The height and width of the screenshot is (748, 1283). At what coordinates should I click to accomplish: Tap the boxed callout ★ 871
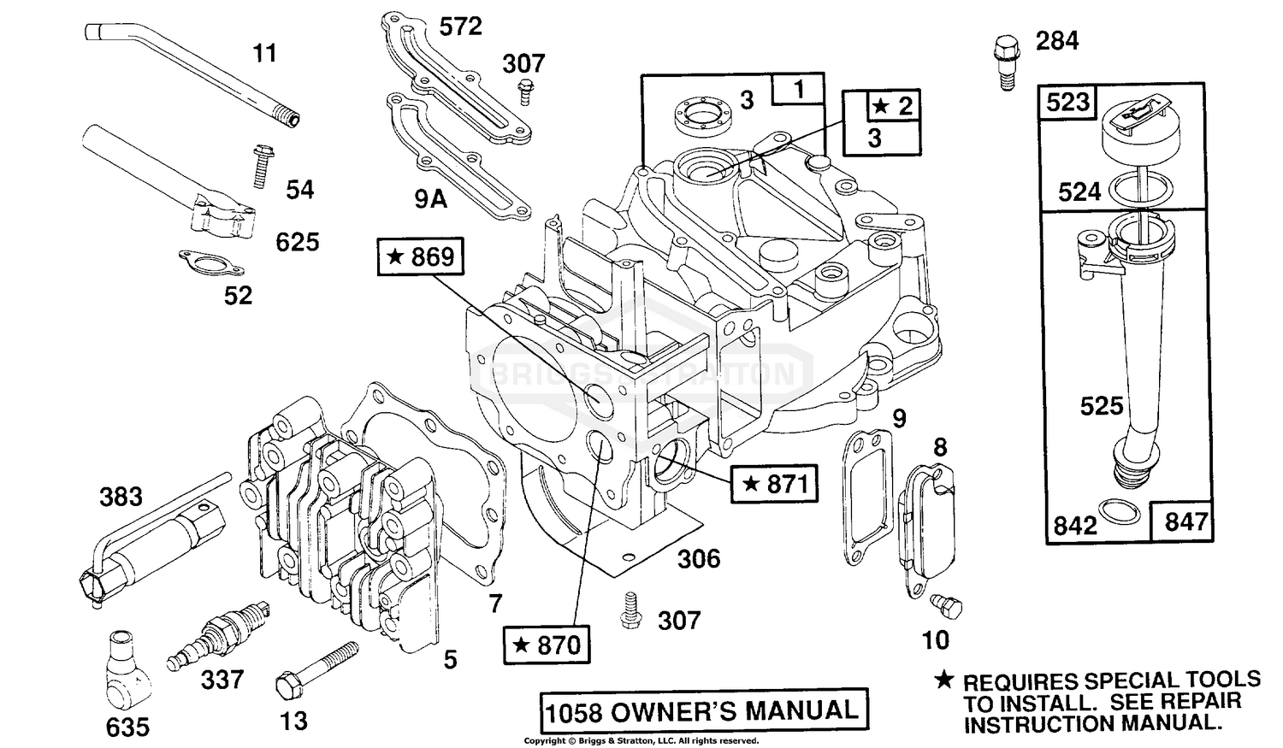click(x=775, y=484)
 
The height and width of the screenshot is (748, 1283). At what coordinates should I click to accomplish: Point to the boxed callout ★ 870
click(x=547, y=644)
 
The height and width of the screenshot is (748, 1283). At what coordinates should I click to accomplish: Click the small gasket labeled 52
click(x=201, y=259)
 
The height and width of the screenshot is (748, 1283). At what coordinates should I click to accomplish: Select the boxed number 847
click(x=1185, y=521)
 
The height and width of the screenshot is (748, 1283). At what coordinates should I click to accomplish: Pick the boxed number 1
click(x=799, y=90)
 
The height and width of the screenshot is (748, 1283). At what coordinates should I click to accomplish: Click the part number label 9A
click(x=430, y=199)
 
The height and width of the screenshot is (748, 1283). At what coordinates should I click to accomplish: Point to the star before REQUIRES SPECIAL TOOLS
click(x=943, y=680)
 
